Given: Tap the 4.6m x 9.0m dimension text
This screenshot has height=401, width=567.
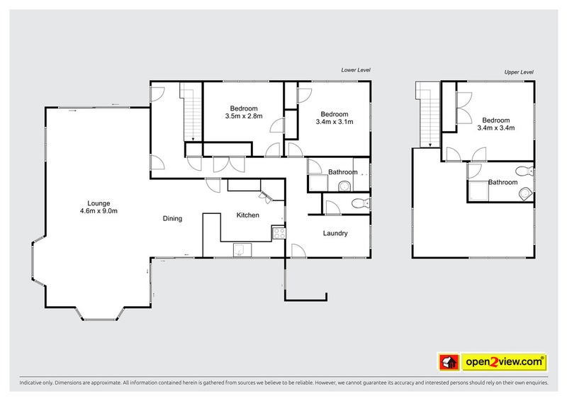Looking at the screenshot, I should pyautogui.click(x=98, y=210).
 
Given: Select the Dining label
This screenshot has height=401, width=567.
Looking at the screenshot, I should pyautogui.click(x=172, y=219).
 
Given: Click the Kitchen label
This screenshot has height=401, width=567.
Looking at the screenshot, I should pyautogui.click(x=247, y=215).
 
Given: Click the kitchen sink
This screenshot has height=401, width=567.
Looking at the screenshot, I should pyautogui.click(x=243, y=249).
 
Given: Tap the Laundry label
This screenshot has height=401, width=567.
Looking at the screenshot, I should pyautogui.click(x=335, y=233).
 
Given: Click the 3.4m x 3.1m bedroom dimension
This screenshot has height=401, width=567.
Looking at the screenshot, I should pyautogui.click(x=334, y=122).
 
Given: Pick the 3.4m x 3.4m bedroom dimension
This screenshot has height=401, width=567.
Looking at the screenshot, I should pyautogui.click(x=495, y=128).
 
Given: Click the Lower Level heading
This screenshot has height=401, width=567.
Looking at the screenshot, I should pyautogui.click(x=356, y=70).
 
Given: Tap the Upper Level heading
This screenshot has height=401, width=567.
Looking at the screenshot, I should pyautogui.click(x=518, y=72).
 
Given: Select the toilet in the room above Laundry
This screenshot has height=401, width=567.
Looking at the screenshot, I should pyautogui.click(x=360, y=205).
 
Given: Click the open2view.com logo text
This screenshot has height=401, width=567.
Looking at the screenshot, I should pyautogui.click(x=505, y=362).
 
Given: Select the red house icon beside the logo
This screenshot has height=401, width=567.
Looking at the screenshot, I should pyautogui.click(x=447, y=362).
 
